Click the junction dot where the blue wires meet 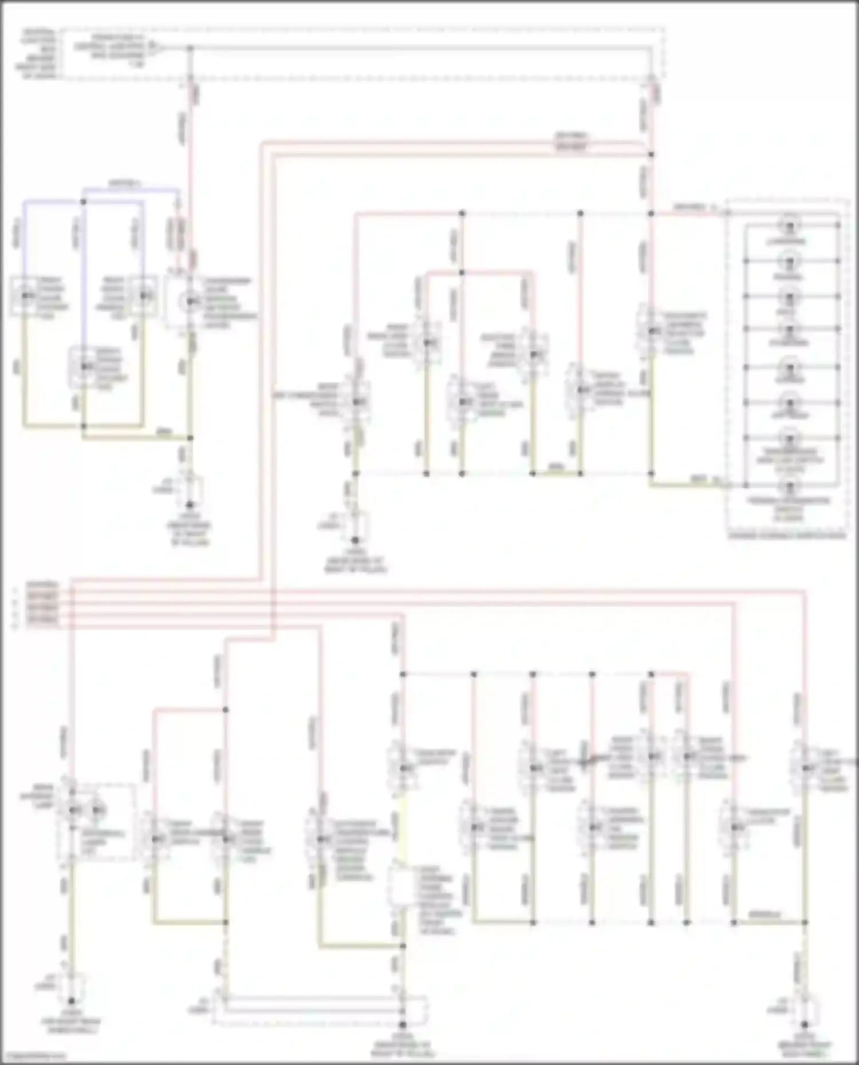84,201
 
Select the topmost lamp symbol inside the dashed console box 790,226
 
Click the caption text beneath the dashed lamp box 787,536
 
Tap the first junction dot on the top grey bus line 191,49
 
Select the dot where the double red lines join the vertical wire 651,154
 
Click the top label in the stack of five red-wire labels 43,585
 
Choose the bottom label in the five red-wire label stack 43,620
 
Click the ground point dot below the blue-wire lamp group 190,505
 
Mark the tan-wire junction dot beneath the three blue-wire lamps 84,426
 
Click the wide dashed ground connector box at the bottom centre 321,1011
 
